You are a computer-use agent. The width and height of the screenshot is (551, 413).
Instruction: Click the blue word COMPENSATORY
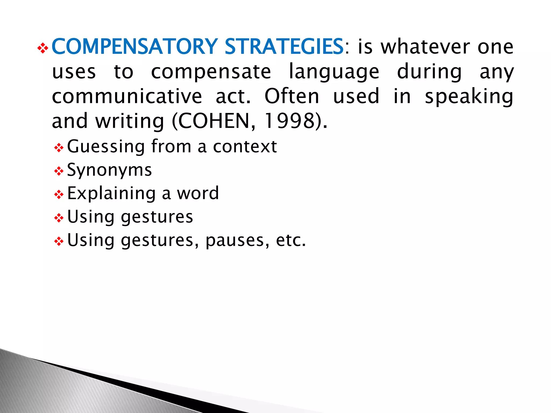pyautogui.click(x=135, y=47)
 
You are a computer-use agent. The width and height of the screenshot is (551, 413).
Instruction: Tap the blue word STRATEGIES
pyautogui.click(x=284, y=47)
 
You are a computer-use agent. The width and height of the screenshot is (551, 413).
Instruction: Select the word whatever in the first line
pyautogui.click(x=425, y=47)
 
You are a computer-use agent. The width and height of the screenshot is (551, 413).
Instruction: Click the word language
pyautogui.click(x=334, y=72)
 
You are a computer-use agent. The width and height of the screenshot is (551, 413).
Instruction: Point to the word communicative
pyautogui.click(x=127, y=96)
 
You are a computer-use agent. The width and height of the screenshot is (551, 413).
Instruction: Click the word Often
pyautogui.click(x=292, y=96)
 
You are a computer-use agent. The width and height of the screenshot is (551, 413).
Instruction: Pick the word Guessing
pyautogui.click(x=106, y=147)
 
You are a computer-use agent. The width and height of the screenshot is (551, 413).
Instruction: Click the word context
pyautogui.click(x=245, y=147)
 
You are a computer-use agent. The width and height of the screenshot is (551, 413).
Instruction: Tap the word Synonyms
pyautogui.click(x=110, y=170)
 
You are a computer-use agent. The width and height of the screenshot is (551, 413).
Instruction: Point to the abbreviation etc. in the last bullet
pyautogui.click(x=291, y=240)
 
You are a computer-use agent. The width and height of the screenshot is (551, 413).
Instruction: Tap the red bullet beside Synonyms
pyautogui.click(x=59, y=171)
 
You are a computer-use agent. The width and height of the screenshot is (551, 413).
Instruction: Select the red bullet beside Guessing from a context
pyautogui.click(x=59, y=148)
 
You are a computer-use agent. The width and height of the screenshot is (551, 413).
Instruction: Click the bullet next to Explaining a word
pyautogui.click(x=59, y=194)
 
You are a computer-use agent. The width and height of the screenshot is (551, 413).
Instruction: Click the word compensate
pyautogui.click(x=211, y=72)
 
